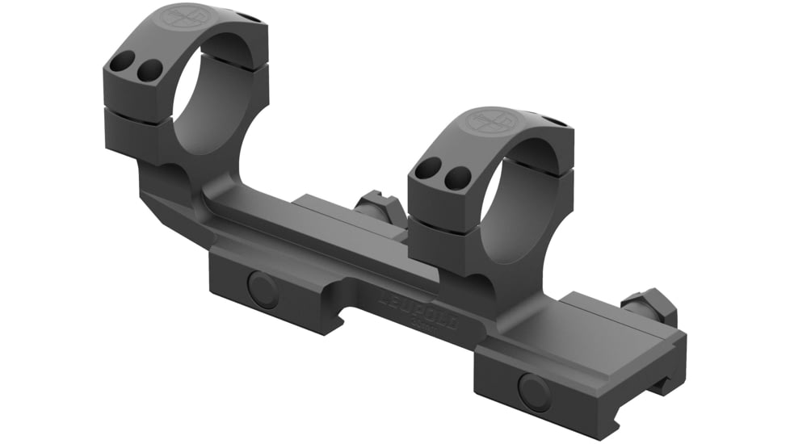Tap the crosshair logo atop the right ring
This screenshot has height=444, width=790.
(x=490, y=121)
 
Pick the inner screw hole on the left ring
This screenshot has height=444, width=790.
(x=147, y=72)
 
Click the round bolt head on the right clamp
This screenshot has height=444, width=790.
(x=534, y=392)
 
